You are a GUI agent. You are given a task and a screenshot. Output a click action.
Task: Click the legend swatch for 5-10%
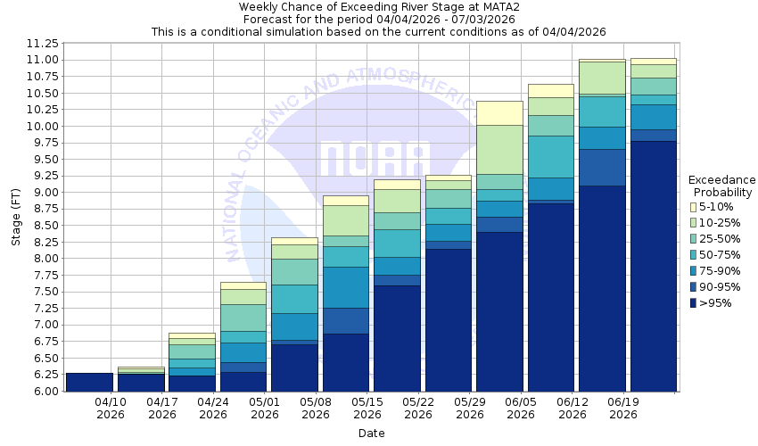pos(694,207)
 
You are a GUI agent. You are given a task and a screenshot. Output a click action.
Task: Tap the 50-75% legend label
pos(721,255)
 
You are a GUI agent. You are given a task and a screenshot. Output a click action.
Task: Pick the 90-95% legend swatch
pos(694,287)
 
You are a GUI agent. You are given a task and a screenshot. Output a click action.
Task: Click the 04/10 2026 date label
pos(111,408)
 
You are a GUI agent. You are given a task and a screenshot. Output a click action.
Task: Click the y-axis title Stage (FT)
pos(15,217)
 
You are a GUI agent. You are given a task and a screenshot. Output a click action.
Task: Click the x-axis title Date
pos(371,433)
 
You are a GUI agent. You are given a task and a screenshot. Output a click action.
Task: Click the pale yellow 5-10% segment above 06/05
pos(500,113)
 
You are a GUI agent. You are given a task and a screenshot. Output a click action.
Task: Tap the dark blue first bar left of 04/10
pos(89,382)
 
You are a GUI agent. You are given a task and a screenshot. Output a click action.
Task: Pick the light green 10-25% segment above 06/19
pos(603,78)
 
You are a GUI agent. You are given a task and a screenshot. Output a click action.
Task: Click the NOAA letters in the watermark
pos(375,161)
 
